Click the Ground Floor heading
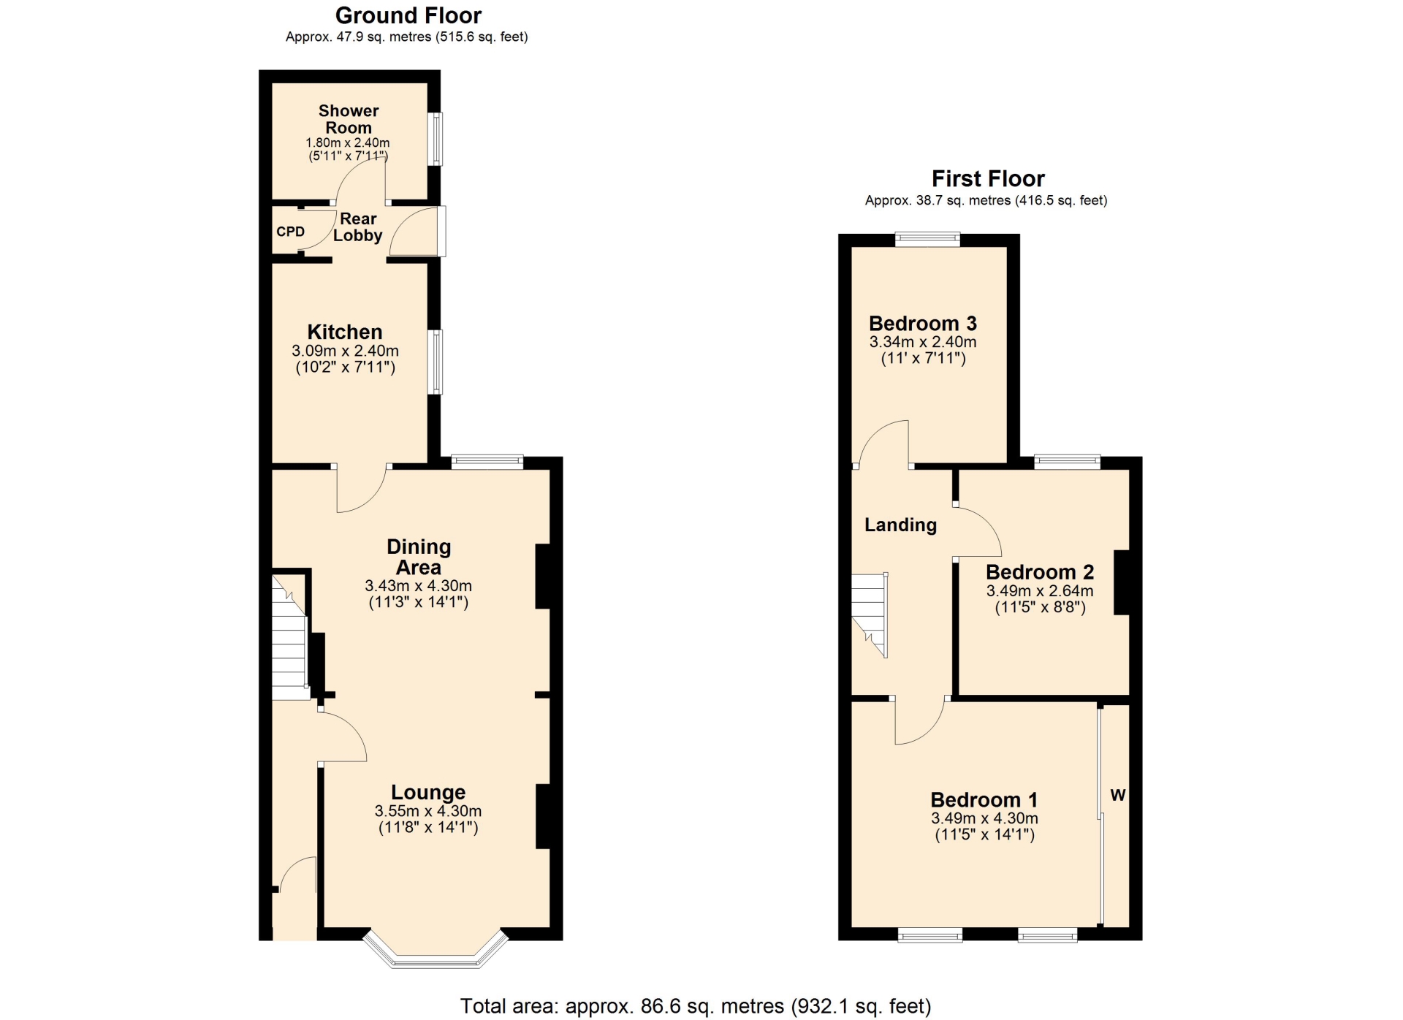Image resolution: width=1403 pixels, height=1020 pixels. coord(408,15)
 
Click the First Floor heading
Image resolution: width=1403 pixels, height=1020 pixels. coord(988,178)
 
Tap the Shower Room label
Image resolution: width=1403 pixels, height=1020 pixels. coord(349,119)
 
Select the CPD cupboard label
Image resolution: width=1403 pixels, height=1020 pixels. coord(290,232)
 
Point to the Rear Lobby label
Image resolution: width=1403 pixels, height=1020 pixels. coord(358,227)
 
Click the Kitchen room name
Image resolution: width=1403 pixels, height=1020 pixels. coord(345,332)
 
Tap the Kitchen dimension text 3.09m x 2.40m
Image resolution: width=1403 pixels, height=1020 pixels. coord(345,351)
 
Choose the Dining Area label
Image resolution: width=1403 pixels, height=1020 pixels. coord(419,557)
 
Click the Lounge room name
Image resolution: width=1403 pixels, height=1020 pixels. coord(428,792)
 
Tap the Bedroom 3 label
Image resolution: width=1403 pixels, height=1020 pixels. coord(923,324)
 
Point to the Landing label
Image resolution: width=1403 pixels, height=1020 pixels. coord(900,525)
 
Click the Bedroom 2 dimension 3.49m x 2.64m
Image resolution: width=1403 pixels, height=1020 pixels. coord(1040,591)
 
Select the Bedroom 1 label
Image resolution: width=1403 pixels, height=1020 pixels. coord(984,800)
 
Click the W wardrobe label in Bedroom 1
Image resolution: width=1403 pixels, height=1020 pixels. coord(1118,795)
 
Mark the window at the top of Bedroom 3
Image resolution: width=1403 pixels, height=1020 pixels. coord(928,239)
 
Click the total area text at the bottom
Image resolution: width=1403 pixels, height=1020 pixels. coord(696,1006)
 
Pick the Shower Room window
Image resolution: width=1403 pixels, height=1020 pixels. coord(435,138)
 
